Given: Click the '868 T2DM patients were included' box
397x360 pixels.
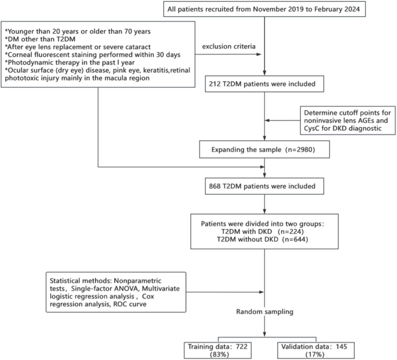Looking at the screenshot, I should tap(264, 187).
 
